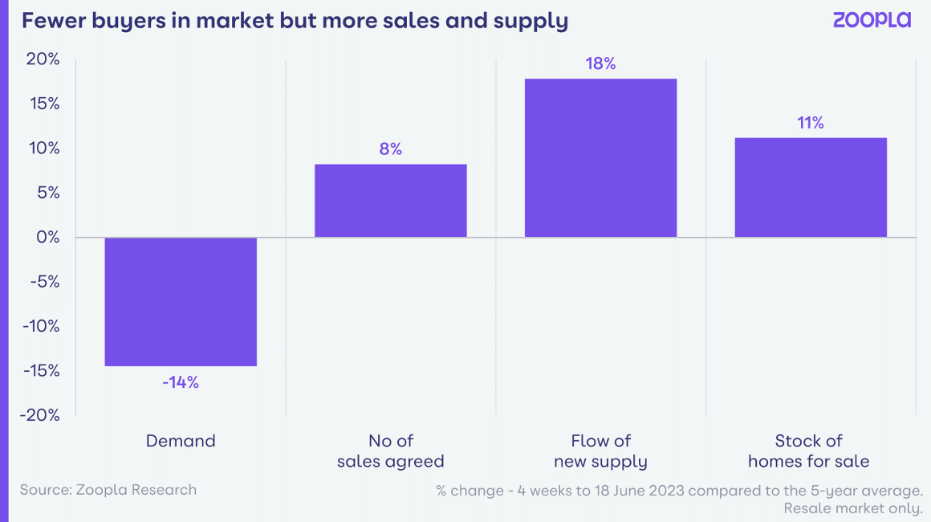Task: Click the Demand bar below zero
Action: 181,301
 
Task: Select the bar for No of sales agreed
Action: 390,201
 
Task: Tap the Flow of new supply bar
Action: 600,157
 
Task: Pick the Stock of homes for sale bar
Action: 811,187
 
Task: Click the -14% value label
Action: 181,382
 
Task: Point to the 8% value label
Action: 391,149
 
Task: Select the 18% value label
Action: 600,63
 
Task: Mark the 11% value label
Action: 811,123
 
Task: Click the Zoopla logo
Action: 872,21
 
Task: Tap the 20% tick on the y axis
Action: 43,59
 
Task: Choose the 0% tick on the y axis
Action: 47,237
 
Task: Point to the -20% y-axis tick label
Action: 40,414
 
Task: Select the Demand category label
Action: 181,441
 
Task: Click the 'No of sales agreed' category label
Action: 391,451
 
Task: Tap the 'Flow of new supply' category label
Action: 600,451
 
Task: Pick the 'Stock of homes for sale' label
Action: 809,451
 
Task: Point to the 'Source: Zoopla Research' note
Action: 108,489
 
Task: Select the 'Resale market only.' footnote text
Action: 853,508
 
